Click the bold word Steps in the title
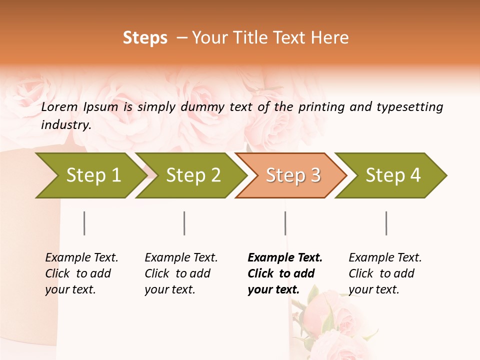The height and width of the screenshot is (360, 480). (x=145, y=38)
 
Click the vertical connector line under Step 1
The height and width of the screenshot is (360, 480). (x=84, y=223)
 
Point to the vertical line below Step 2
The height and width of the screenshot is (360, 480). (x=184, y=223)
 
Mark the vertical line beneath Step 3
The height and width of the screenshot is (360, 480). (x=285, y=223)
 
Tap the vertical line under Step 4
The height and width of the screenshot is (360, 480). (x=386, y=223)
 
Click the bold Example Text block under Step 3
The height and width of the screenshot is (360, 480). (x=285, y=273)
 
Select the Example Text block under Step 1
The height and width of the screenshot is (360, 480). (x=81, y=273)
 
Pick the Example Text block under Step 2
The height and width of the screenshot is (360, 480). (x=181, y=273)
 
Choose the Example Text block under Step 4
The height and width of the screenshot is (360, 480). (x=385, y=273)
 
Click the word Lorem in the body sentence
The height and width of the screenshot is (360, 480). (x=59, y=107)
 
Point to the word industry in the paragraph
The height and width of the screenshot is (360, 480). (x=65, y=125)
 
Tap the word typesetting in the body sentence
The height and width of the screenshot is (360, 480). (x=409, y=107)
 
